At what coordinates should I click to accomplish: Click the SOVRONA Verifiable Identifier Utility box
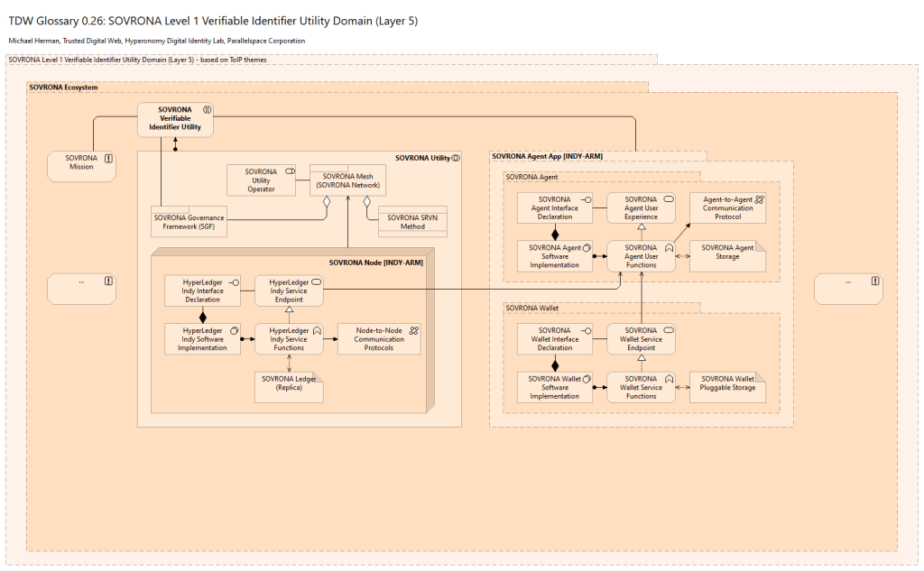coord(175,120)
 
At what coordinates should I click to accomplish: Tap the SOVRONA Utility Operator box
coord(262,180)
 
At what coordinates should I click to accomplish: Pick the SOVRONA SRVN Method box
coord(412,222)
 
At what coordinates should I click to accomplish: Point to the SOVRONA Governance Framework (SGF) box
coord(189,221)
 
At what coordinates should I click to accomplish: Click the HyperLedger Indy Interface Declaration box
coord(201,290)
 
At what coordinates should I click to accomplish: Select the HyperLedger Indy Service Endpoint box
coord(289,290)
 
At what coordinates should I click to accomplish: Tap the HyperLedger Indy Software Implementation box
coord(201,338)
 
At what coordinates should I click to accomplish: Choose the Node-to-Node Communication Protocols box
coord(379,338)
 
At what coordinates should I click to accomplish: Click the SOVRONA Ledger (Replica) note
coord(289,386)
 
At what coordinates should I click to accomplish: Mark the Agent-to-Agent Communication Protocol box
coord(727,208)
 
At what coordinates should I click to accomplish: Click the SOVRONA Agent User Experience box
coord(641,208)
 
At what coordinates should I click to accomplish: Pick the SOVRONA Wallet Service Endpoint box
coord(641,339)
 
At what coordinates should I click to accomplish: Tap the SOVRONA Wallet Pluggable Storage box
coord(727,387)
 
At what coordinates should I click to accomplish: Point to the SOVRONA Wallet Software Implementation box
coord(554,387)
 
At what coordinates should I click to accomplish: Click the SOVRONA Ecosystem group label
coord(63,87)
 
